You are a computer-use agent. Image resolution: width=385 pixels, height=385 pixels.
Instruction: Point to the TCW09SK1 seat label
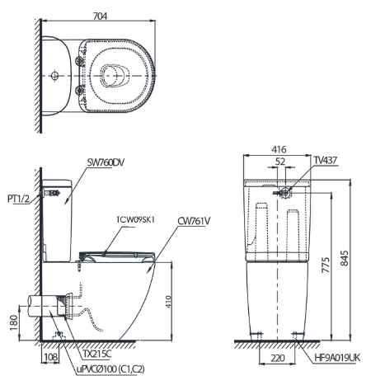point(137,220)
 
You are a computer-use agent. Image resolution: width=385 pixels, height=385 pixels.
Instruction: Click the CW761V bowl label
point(195,221)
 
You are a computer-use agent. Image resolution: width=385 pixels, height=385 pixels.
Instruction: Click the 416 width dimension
point(277,150)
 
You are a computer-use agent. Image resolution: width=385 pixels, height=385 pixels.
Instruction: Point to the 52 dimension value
point(282,162)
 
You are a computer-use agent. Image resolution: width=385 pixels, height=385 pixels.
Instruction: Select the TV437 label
point(324,163)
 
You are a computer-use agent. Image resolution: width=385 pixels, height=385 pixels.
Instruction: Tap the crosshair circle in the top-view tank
point(54,75)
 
